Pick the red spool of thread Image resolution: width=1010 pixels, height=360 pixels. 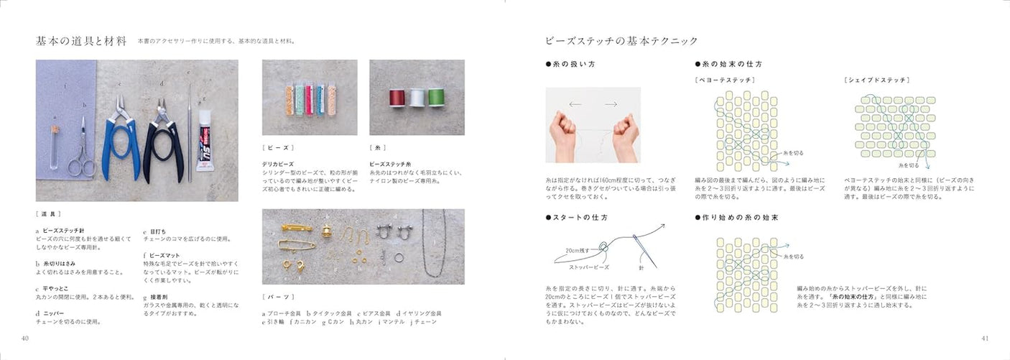(x=397, y=98)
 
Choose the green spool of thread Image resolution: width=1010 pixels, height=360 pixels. (x=436, y=98)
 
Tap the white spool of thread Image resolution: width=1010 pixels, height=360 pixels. (x=417, y=98)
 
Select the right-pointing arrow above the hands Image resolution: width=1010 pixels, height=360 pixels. (x=610, y=104)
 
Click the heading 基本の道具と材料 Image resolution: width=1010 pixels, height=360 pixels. (x=81, y=40)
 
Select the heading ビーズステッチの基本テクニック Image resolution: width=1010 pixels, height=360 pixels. (x=621, y=40)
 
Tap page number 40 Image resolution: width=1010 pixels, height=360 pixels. (x=25, y=338)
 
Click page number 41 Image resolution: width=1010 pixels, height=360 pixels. (x=984, y=338)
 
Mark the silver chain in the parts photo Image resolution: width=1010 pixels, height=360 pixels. (x=432, y=244)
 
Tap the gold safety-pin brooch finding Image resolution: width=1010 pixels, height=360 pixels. (x=297, y=245)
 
